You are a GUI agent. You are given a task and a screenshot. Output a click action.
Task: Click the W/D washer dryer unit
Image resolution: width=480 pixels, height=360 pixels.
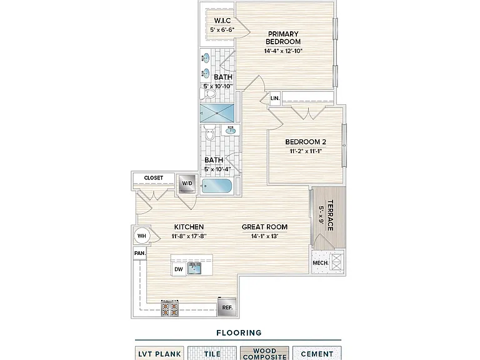[x=187, y=184]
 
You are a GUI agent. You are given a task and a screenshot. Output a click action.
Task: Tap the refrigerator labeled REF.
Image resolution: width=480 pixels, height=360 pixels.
[x=227, y=307]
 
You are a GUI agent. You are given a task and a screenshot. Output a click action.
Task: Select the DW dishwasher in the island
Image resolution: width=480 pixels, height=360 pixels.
[x=179, y=269]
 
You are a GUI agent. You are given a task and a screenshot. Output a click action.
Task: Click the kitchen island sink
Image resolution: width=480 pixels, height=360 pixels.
[x=194, y=269]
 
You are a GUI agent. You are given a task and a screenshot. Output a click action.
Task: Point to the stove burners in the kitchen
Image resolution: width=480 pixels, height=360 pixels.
[x=170, y=309]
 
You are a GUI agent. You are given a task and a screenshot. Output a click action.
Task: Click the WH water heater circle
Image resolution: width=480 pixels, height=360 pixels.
[x=142, y=236]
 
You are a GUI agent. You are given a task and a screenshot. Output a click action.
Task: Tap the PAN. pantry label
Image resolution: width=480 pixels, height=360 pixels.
[x=140, y=254]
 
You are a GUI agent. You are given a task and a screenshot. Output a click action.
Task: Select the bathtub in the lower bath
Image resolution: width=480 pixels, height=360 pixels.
[x=217, y=186]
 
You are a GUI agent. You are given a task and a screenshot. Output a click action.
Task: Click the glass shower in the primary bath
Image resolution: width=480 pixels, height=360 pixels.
[x=217, y=113]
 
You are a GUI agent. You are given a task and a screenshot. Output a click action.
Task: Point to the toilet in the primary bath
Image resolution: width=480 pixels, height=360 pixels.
[x=208, y=93]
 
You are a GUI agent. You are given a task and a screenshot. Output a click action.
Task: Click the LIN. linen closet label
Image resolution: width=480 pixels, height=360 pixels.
[x=275, y=98]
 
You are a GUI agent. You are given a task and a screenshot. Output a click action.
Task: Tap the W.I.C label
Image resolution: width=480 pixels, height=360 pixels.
[x=222, y=21]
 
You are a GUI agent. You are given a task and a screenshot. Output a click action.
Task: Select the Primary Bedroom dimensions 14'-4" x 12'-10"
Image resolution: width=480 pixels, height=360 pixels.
[x=283, y=51]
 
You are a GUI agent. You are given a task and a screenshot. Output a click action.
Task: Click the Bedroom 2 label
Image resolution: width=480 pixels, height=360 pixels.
[x=306, y=142]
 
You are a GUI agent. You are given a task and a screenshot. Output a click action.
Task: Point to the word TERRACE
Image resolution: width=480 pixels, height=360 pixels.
[x=330, y=215]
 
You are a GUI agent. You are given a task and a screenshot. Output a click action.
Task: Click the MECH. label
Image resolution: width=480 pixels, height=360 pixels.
[x=321, y=263]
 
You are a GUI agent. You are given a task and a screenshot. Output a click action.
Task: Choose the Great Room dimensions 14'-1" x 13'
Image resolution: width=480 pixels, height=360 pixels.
[x=264, y=236]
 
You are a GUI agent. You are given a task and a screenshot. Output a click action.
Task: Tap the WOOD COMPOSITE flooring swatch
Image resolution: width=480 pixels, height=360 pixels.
[x=264, y=353]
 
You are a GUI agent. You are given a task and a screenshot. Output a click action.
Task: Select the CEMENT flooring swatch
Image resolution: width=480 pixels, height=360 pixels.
[x=317, y=353]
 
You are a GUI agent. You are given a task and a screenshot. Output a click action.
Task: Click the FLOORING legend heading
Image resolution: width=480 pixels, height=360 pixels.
[x=239, y=332]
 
